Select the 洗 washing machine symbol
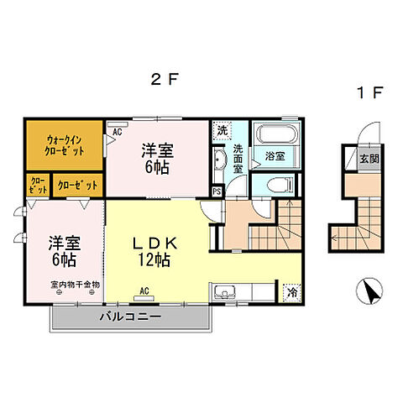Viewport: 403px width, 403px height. [221, 130]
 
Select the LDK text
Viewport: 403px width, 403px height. [156, 243]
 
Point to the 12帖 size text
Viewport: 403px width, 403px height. [157, 261]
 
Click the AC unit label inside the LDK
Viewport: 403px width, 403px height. [144, 290]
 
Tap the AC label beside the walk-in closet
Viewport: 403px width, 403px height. [116, 131]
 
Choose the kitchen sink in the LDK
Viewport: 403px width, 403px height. [226, 293]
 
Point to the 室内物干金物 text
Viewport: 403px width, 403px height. [73, 285]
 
